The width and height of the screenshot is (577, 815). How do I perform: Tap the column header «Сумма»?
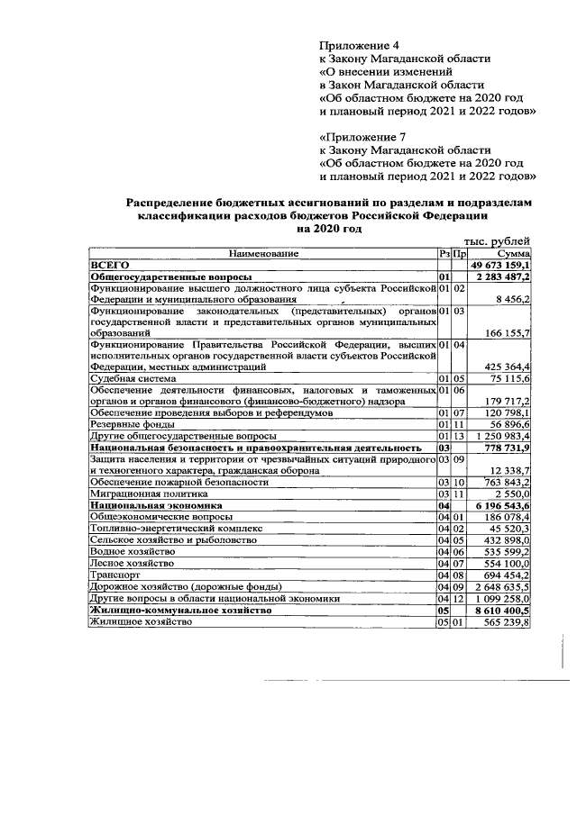click(510, 254)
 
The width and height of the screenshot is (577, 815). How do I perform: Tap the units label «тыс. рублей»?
click(497, 241)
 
